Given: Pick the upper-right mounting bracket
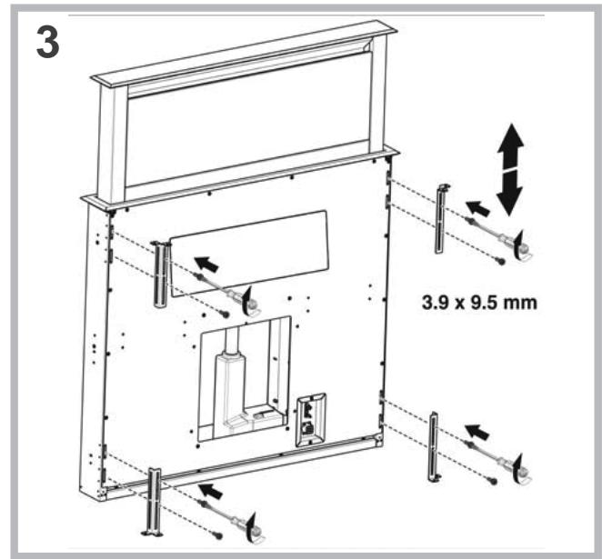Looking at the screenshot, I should pos(443,219).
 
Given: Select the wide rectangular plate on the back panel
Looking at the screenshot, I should pos(247,246).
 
